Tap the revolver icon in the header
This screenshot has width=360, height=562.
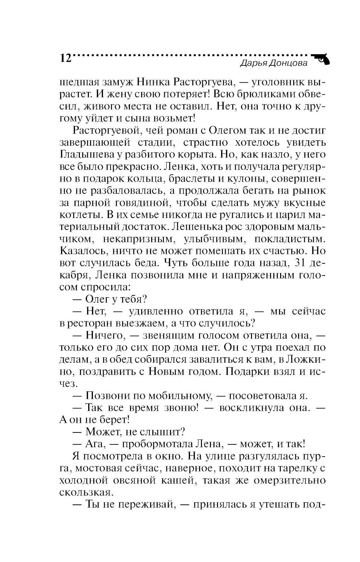point(321,59)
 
